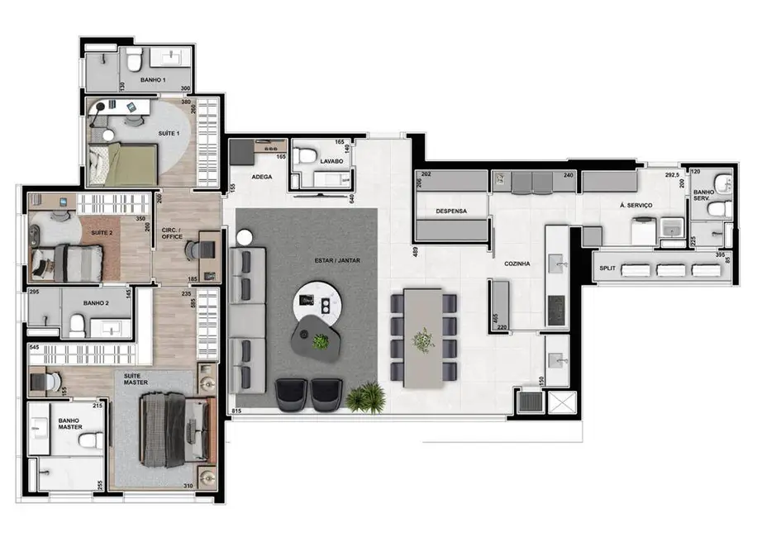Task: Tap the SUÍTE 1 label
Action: [172, 132]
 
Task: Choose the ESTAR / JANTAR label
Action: [331, 261]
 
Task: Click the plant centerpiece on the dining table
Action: [424, 340]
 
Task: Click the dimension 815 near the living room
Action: [236, 411]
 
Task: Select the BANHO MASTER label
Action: [68, 425]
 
